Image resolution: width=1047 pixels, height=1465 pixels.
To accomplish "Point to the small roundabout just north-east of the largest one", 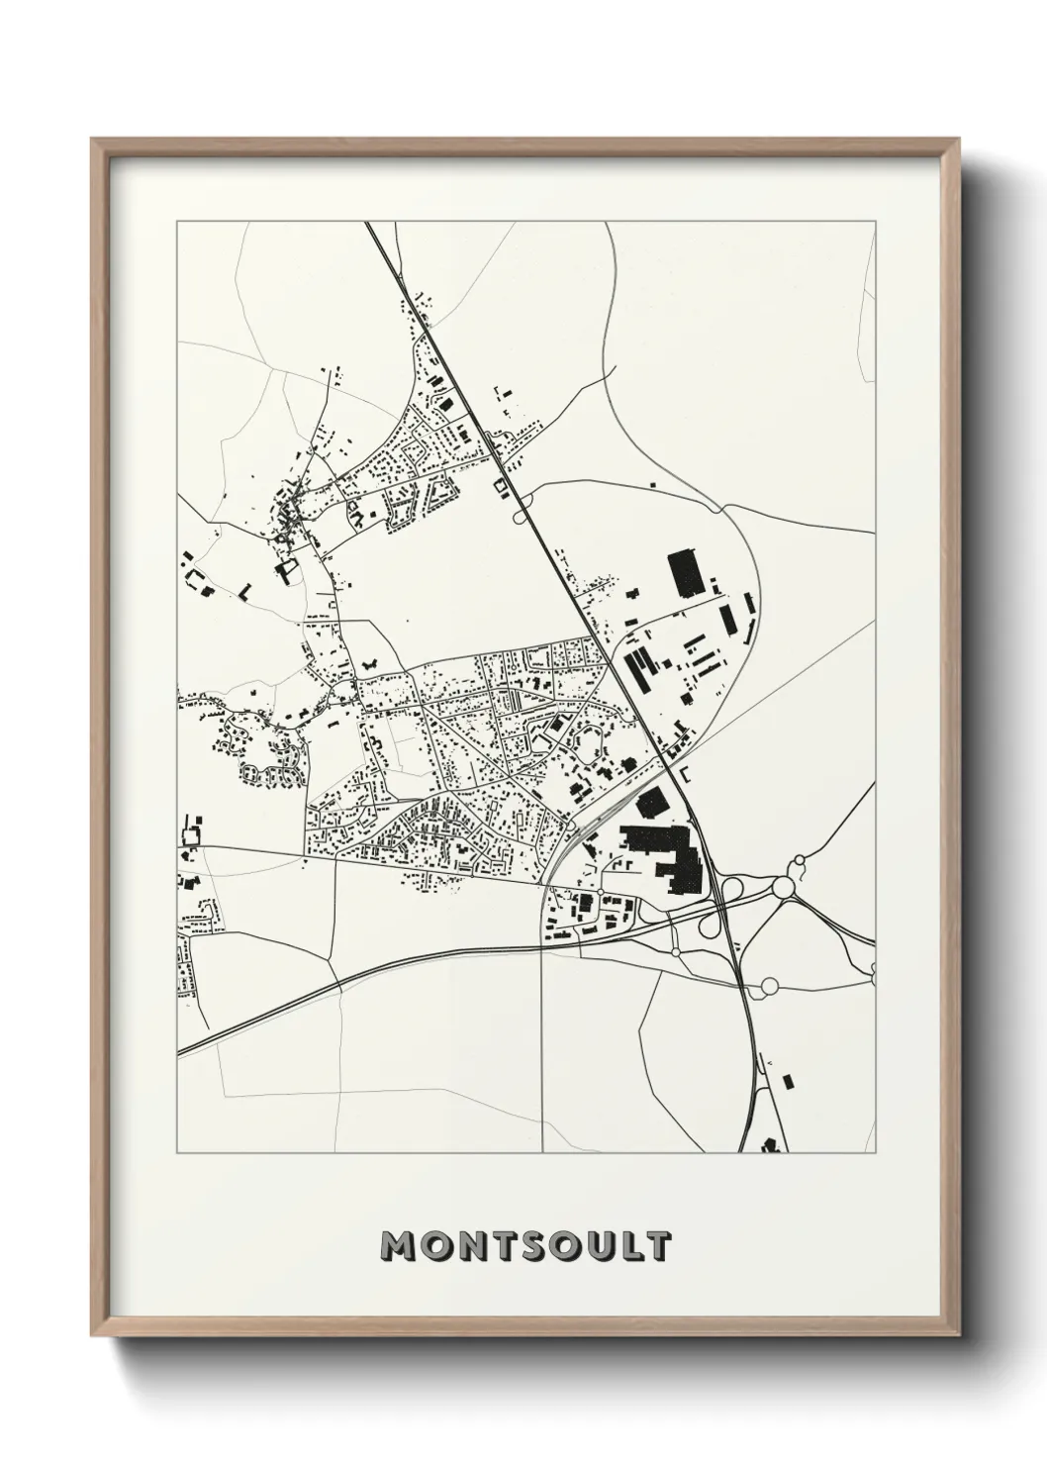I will click(801, 863).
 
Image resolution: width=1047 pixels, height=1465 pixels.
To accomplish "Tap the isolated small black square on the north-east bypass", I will click(652, 484).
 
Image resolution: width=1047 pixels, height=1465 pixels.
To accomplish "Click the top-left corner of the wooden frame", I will click(92, 140).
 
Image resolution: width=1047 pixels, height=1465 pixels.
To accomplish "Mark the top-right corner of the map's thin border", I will click(875, 222).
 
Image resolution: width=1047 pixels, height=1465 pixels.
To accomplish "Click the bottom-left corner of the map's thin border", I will click(177, 1153).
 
